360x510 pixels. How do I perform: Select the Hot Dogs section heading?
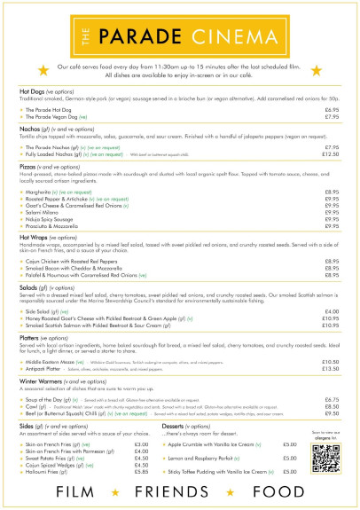(35, 90)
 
